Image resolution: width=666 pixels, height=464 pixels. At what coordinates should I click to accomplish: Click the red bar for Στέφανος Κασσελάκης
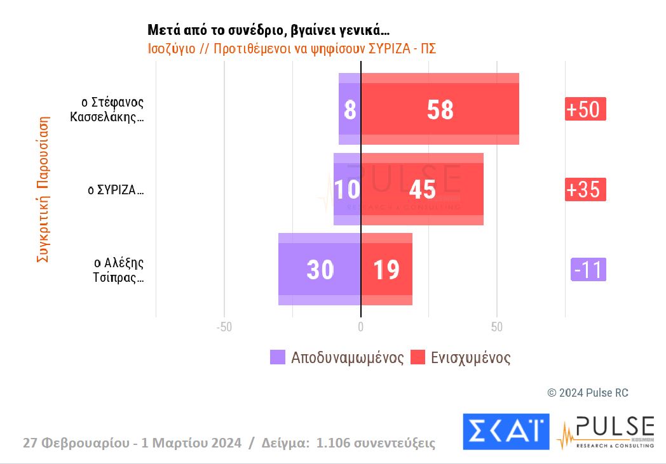(440, 109)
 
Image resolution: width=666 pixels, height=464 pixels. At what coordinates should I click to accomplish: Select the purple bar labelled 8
(350, 109)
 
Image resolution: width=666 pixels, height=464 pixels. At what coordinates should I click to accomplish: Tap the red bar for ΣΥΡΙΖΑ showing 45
(422, 189)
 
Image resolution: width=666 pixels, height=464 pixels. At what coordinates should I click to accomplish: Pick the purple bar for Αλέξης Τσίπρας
(319, 269)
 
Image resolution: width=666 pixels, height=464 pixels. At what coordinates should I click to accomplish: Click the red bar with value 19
(386, 269)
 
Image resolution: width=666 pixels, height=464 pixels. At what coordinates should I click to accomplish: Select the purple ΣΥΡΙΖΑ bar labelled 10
(347, 189)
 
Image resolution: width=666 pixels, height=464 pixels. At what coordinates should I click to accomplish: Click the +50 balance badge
(585, 109)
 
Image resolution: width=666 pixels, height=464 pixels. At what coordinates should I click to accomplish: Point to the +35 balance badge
(585, 189)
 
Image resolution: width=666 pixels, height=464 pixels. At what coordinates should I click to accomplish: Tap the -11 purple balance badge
(588, 270)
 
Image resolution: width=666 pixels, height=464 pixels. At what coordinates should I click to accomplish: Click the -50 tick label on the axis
(224, 328)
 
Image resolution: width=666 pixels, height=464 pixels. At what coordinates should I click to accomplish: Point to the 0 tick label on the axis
(360, 328)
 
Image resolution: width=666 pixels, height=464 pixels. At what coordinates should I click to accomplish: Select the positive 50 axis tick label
(497, 328)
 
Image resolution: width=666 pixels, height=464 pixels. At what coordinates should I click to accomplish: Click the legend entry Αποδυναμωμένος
(337, 357)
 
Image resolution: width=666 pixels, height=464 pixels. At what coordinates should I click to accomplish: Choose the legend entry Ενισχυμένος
(461, 357)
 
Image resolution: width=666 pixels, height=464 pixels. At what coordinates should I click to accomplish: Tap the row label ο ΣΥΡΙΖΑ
(115, 190)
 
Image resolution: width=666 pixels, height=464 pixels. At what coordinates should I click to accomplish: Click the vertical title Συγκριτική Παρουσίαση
(43, 189)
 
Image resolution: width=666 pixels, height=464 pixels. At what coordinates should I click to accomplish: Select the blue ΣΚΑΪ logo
(506, 431)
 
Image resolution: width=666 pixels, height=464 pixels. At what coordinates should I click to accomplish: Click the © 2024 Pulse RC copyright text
(587, 393)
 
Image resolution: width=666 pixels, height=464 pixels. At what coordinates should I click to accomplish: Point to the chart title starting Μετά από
(268, 30)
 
